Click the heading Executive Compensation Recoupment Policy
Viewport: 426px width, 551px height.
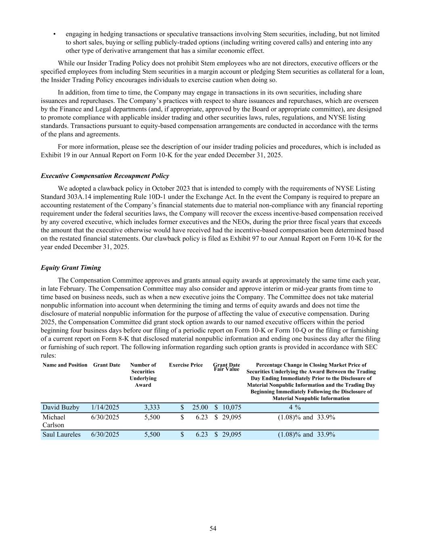105,176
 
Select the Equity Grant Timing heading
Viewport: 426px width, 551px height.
71,268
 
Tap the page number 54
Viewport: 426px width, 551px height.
213,528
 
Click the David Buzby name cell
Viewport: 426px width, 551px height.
61,407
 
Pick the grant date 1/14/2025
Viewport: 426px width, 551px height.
105,407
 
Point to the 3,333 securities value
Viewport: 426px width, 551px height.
152,407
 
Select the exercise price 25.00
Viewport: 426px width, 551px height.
200,407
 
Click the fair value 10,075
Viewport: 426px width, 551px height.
231,407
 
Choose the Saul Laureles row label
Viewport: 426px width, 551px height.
61,434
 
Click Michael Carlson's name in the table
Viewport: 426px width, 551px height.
54,421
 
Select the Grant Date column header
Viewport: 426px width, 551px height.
107,365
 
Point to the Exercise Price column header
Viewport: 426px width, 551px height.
186,365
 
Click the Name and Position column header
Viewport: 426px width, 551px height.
65,365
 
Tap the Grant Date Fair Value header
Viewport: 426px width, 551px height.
227,367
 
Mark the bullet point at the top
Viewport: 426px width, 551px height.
54,34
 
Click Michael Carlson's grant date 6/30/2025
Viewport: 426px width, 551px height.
105,417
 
